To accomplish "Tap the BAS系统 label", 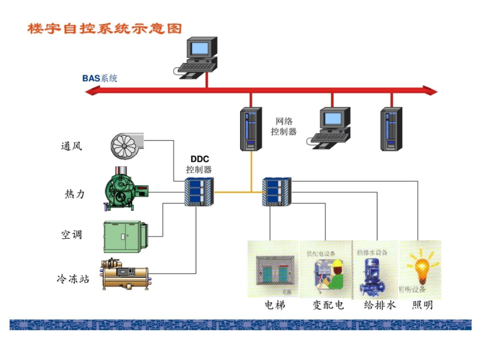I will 100,79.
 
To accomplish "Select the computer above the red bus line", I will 197,56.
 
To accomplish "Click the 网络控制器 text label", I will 283,127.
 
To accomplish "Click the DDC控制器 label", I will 199,164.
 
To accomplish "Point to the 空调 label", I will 72,235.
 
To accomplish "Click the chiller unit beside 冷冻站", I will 125,273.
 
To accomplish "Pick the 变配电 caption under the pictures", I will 328,305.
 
